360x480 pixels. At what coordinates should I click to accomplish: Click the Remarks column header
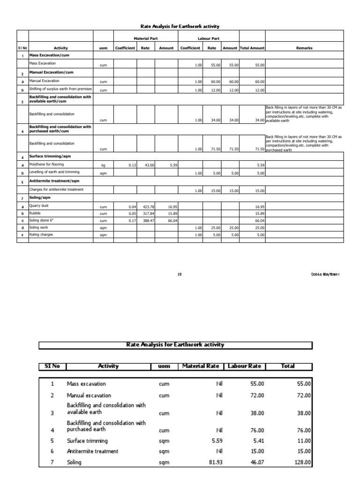coord(304,48)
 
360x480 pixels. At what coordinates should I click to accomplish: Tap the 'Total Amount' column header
coord(252,48)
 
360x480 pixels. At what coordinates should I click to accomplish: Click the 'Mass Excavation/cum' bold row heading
coord(49,55)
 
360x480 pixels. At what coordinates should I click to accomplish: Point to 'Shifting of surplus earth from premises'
coord(60,89)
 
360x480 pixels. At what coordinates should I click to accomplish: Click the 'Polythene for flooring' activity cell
coord(46,165)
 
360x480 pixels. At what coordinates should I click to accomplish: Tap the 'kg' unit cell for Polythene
coord(103,165)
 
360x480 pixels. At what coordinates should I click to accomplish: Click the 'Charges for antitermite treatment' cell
coord(56,189)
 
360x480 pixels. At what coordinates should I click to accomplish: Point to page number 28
coord(180,274)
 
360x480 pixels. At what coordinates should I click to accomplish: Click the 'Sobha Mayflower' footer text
coord(325,274)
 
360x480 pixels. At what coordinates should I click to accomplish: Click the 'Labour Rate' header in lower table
coord(243,366)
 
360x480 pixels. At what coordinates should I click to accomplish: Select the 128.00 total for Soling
coord(302,462)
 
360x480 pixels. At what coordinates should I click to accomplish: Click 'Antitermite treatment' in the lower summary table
coord(92,451)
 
